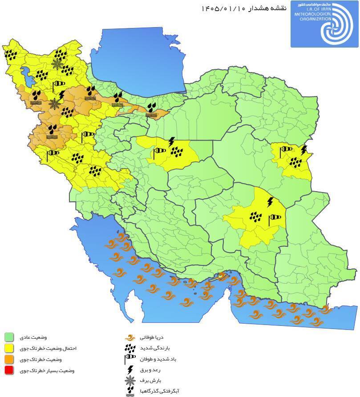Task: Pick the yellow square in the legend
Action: point(9,349)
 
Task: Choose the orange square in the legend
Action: point(9,359)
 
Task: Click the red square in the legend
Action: point(9,370)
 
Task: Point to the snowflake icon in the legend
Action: point(130,381)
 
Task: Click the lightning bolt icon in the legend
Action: point(130,369)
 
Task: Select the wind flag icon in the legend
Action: point(130,358)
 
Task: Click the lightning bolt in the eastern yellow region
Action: point(304,150)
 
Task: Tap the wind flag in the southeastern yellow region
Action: point(275,218)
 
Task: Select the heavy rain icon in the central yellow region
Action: point(178,152)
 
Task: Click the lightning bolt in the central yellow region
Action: point(171,142)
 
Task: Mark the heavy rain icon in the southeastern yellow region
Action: point(255,217)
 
